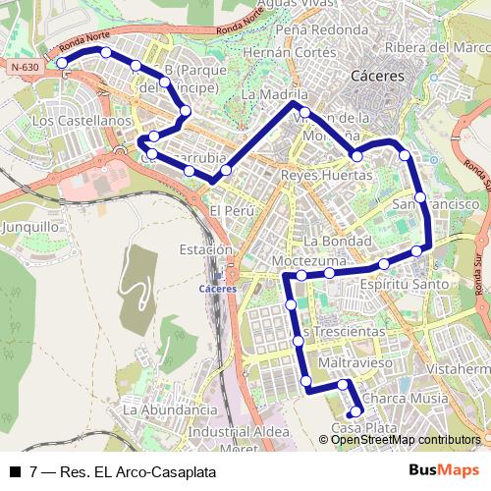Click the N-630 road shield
point(26,67)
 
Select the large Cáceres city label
point(377,76)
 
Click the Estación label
point(205,250)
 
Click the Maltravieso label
point(355,363)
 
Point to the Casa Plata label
point(363,428)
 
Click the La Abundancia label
point(169,409)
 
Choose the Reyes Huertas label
point(327,175)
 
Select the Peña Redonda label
point(308,29)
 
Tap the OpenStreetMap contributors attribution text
point(407,440)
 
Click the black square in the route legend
point(14,471)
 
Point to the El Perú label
point(232,211)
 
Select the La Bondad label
point(337,241)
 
